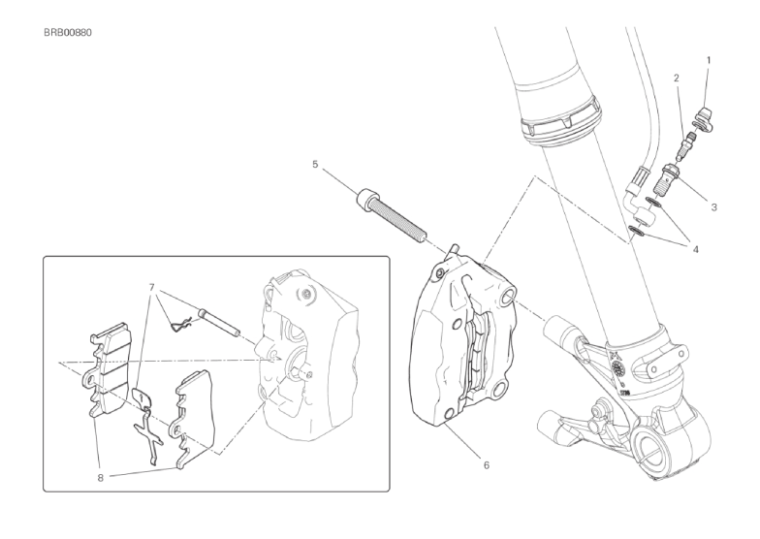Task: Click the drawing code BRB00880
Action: click(68, 33)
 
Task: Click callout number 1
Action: click(709, 60)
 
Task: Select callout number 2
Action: click(677, 78)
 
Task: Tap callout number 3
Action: click(713, 207)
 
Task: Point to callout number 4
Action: click(696, 250)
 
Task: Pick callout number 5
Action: click(315, 165)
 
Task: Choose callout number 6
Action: click(487, 465)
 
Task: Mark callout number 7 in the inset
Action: click(151, 287)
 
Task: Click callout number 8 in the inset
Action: click(101, 477)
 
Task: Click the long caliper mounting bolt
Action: click(394, 215)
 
